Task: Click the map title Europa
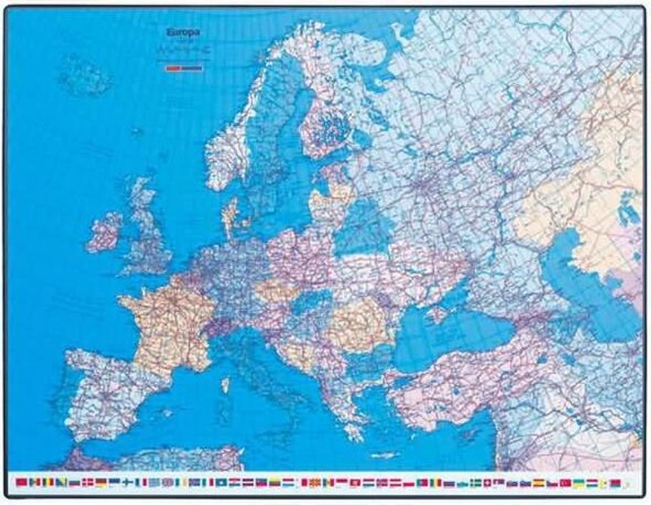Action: (x=182, y=32)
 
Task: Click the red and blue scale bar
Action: (x=184, y=67)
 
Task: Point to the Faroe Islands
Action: (x=137, y=132)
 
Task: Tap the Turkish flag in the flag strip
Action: (x=565, y=483)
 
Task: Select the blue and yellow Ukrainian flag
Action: (x=579, y=483)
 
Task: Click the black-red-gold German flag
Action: (x=101, y=483)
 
